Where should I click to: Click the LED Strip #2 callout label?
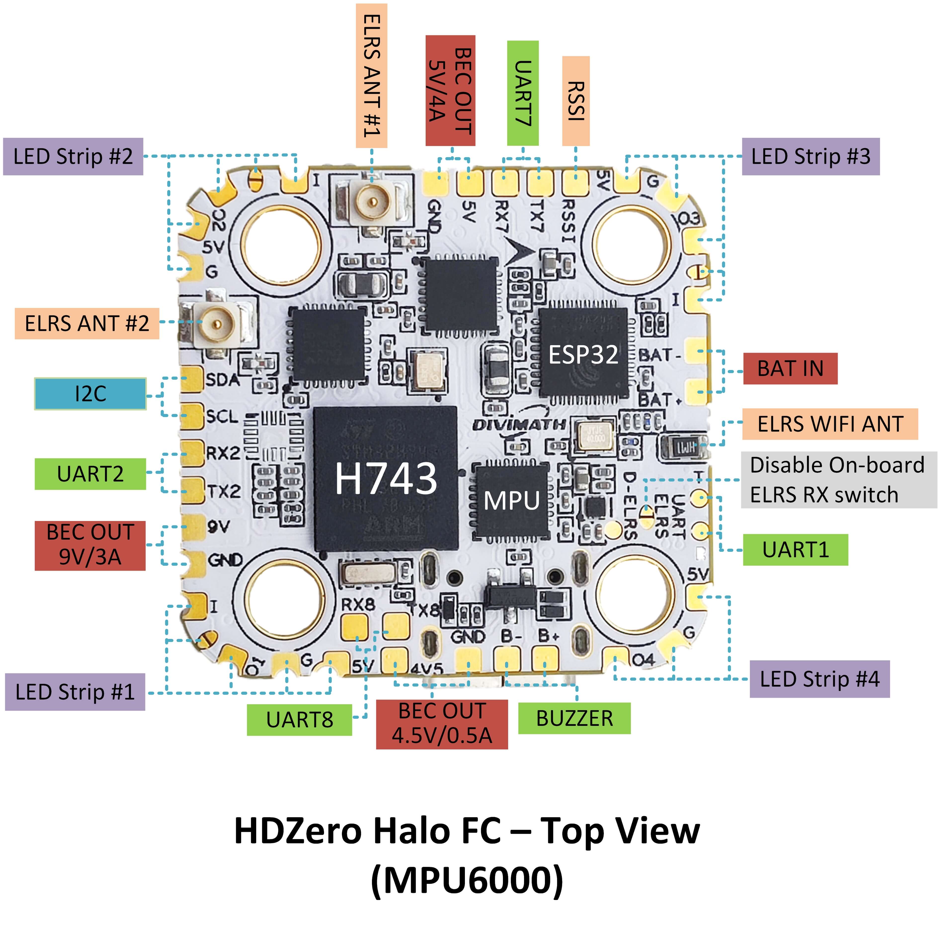point(73,156)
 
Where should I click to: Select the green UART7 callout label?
point(523,93)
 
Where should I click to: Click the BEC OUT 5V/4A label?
point(450,91)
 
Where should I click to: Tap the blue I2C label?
point(90,394)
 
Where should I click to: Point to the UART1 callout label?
point(795,550)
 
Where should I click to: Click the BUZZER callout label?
point(574,718)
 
